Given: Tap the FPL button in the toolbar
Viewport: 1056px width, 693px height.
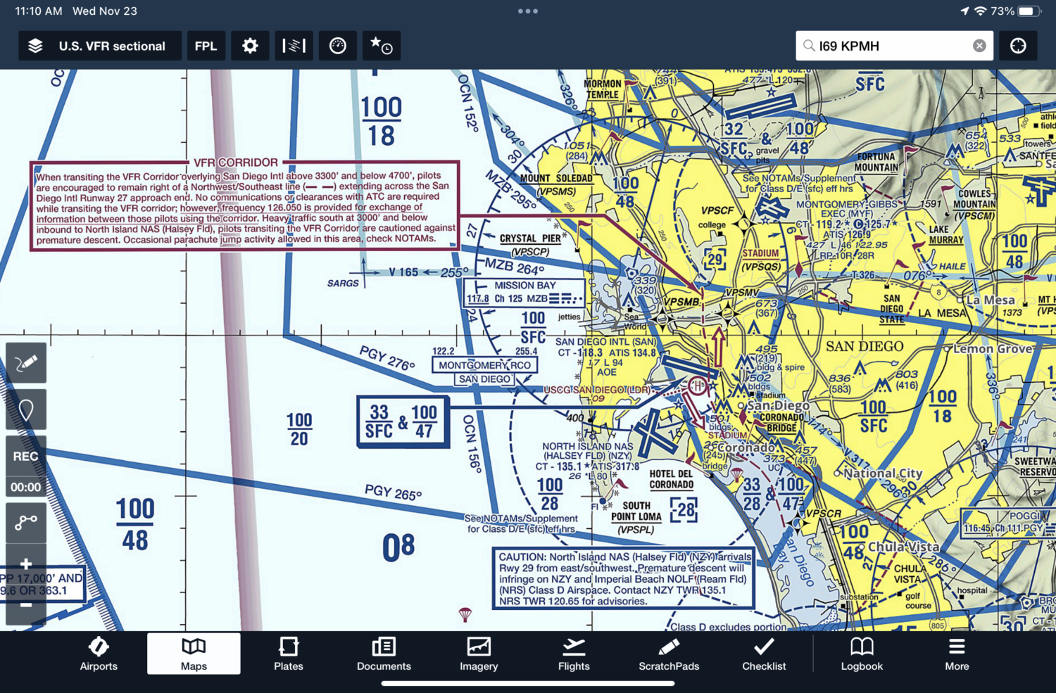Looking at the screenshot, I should click(x=206, y=46).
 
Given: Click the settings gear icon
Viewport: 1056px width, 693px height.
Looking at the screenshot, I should click(x=250, y=46).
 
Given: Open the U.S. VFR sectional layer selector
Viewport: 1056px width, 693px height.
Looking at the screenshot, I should click(x=99, y=46).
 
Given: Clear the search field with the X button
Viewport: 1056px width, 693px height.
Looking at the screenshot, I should click(x=979, y=46).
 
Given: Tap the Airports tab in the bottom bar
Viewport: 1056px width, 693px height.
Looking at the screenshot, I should click(x=99, y=654).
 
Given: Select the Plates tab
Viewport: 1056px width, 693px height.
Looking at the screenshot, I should click(x=288, y=654).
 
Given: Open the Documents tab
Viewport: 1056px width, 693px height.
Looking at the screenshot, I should click(x=384, y=654).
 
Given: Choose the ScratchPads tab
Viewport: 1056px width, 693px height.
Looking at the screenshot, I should click(x=669, y=654).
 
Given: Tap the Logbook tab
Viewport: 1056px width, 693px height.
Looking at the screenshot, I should click(x=862, y=654).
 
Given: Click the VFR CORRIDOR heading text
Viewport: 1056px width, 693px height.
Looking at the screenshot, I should click(x=236, y=163).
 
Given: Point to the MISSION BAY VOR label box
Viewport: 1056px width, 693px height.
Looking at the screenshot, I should click(x=524, y=292).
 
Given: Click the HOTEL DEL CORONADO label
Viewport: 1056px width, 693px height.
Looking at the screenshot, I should click(x=671, y=479).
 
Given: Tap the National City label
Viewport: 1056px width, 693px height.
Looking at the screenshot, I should click(x=883, y=473).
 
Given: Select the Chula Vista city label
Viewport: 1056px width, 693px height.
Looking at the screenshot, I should click(x=903, y=547).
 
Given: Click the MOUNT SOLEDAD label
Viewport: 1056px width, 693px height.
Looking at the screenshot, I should click(x=556, y=178).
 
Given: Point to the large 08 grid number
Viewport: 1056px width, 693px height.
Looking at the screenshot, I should click(x=398, y=548).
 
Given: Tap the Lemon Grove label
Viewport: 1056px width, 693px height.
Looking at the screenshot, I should click(x=993, y=349).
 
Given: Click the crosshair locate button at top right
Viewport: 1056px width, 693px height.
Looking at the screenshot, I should click(x=1018, y=46).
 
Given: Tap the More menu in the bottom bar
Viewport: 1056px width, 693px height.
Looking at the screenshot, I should click(x=957, y=654).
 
